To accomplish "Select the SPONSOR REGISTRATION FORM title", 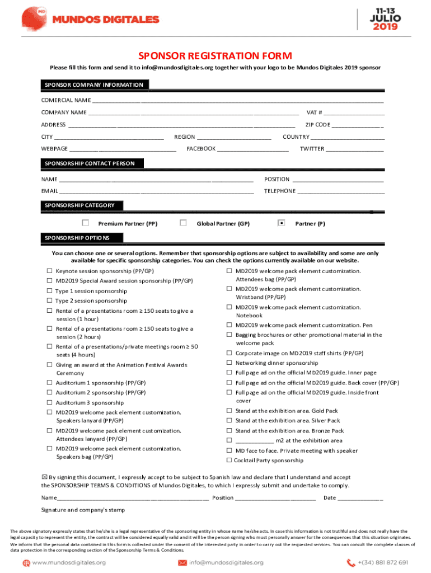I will click(215, 55).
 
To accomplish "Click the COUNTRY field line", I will click(348, 138).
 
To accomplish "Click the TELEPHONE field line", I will click(341, 192).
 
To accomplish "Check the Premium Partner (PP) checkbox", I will click(86, 223).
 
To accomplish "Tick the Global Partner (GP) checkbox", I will click(183, 223).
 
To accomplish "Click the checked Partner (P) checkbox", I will click(282, 223).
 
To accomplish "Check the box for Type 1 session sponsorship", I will click(50, 291).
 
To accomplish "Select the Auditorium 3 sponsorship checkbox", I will click(50, 403).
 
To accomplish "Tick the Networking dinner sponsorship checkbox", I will click(229, 363).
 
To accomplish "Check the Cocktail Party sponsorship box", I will click(229, 460).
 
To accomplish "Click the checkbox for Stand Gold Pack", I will click(229, 411).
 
